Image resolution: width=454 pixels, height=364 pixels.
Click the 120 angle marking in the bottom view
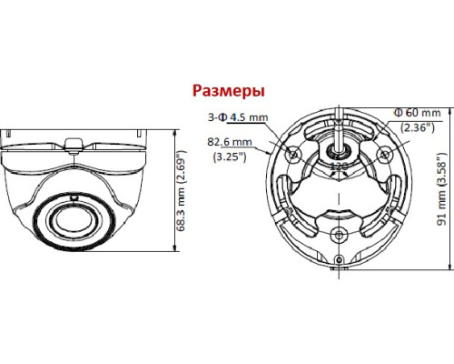pyautogui.click(x=337, y=167)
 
